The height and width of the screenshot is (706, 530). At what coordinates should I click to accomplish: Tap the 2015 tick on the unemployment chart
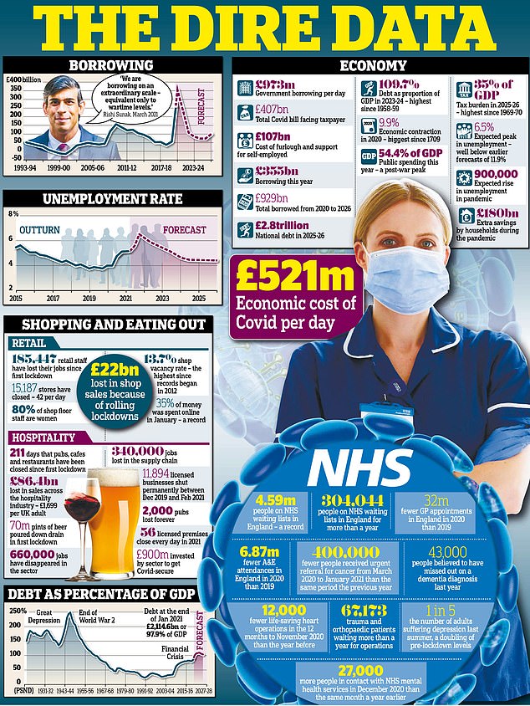(14, 297)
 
